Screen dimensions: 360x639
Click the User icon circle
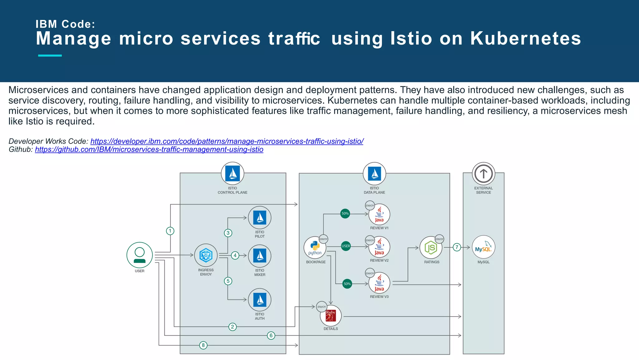pyautogui.click(x=139, y=255)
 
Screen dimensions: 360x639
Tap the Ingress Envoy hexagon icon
pyautogui.click(x=206, y=255)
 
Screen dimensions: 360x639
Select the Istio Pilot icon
pyautogui.click(x=260, y=218)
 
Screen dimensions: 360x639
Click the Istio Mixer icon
pyautogui.click(x=260, y=256)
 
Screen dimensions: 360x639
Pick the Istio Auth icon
pyautogui.click(x=260, y=300)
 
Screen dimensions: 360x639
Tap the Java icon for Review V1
pyautogui.click(x=379, y=215)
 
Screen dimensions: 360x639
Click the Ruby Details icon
pyautogui.click(x=331, y=316)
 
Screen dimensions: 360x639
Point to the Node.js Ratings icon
pyautogui.click(x=431, y=248)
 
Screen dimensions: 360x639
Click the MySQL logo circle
pyautogui.click(x=483, y=247)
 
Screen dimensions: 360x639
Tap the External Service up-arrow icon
pyautogui.click(x=483, y=174)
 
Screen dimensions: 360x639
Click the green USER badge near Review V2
pyautogui.click(x=346, y=246)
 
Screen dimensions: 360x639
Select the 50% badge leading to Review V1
pyautogui.click(x=345, y=214)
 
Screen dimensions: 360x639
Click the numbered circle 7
pyautogui.click(x=457, y=247)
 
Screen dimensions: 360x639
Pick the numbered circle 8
pyautogui.click(x=203, y=345)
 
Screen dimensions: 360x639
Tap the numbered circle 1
pyautogui.click(x=170, y=231)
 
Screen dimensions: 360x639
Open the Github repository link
pyautogui.click(x=149, y=150)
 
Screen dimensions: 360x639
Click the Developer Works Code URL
pyautogui.click(x=227, y=141)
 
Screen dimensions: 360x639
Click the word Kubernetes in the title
pyautogui.click(x=525, y=38)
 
